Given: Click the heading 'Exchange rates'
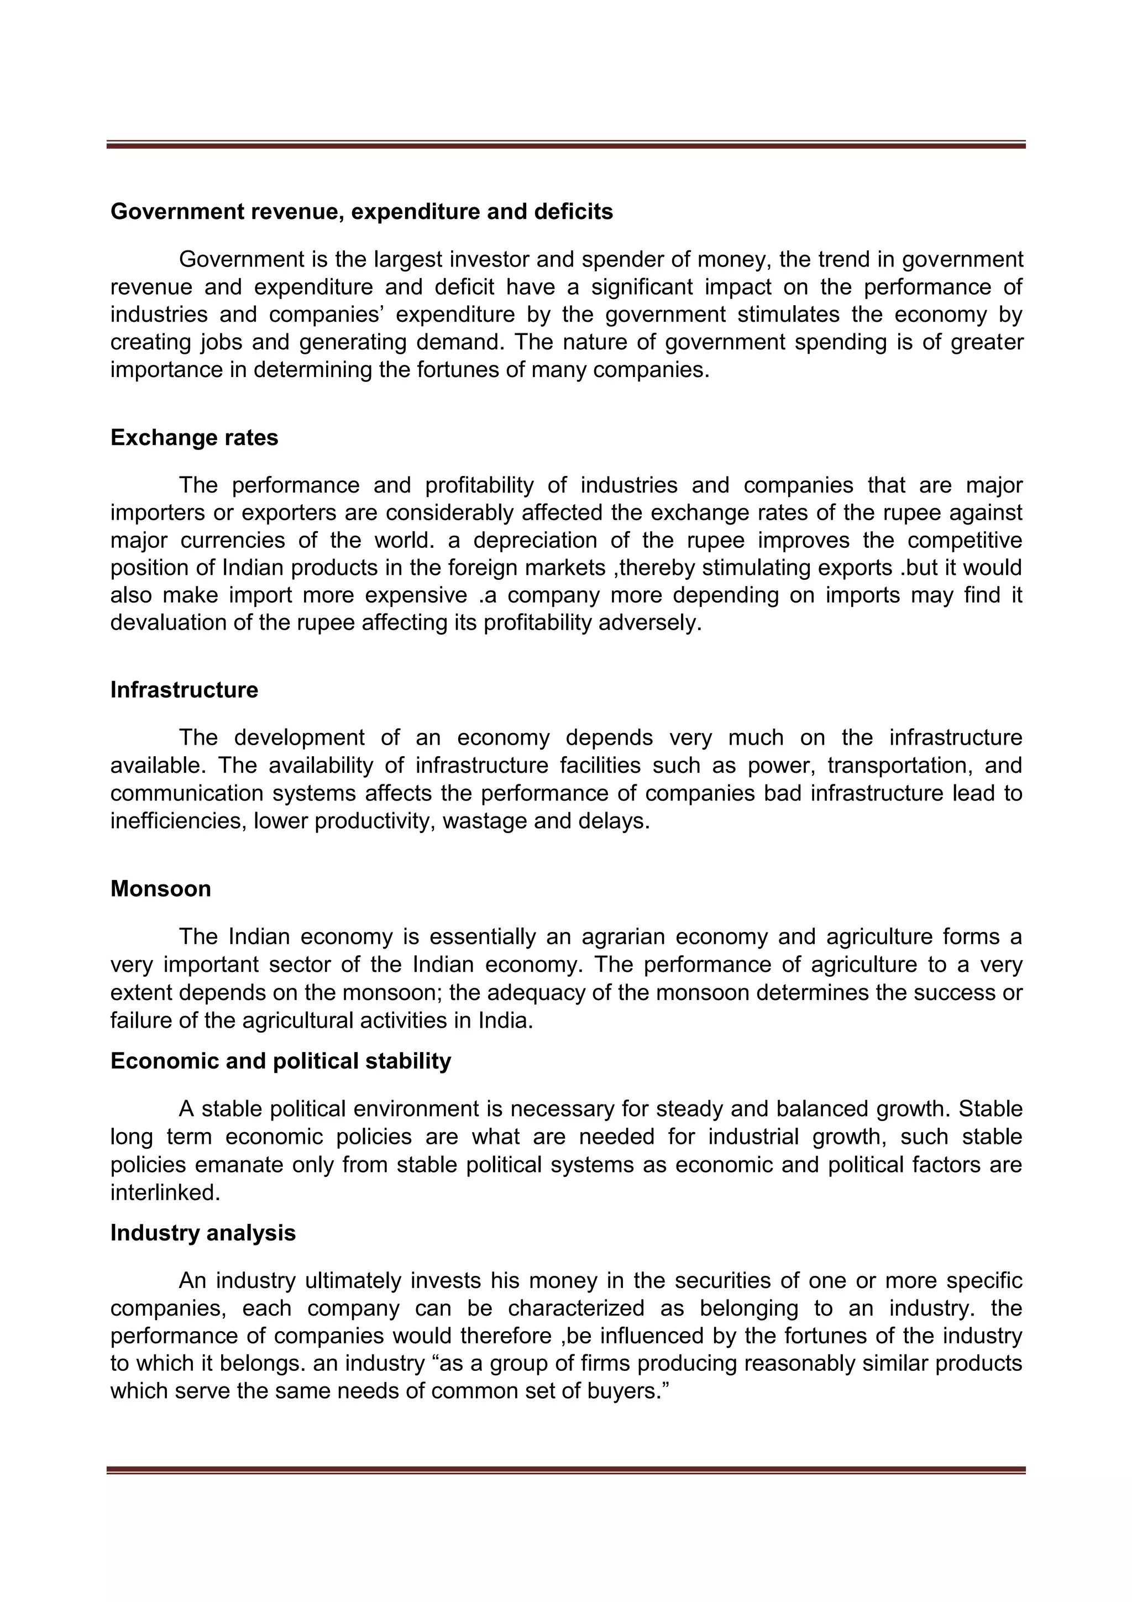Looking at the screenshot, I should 194,437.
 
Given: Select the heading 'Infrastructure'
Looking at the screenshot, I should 184,689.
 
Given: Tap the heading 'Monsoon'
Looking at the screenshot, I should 160,888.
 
